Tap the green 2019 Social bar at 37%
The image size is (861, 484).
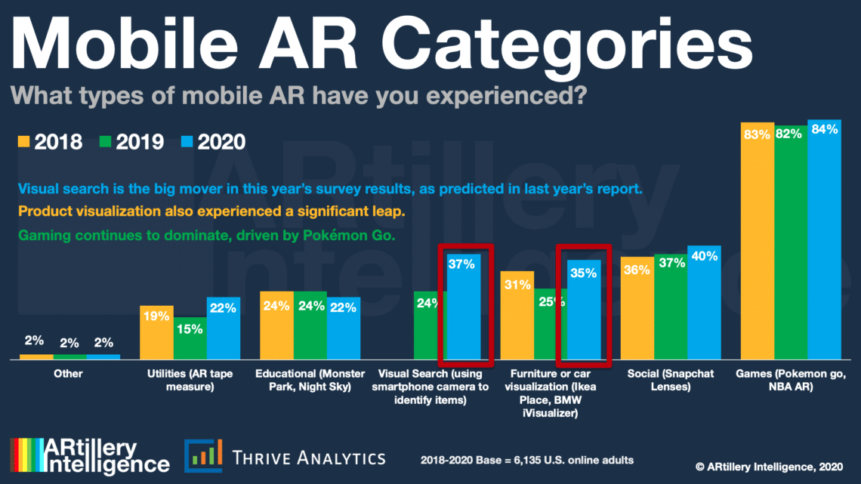[x=671, y=310]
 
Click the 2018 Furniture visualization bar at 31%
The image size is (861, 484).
[x=517, y=317]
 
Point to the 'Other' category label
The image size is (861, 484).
[x=69, y=373]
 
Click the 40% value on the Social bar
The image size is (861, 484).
[x=705, y=256]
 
